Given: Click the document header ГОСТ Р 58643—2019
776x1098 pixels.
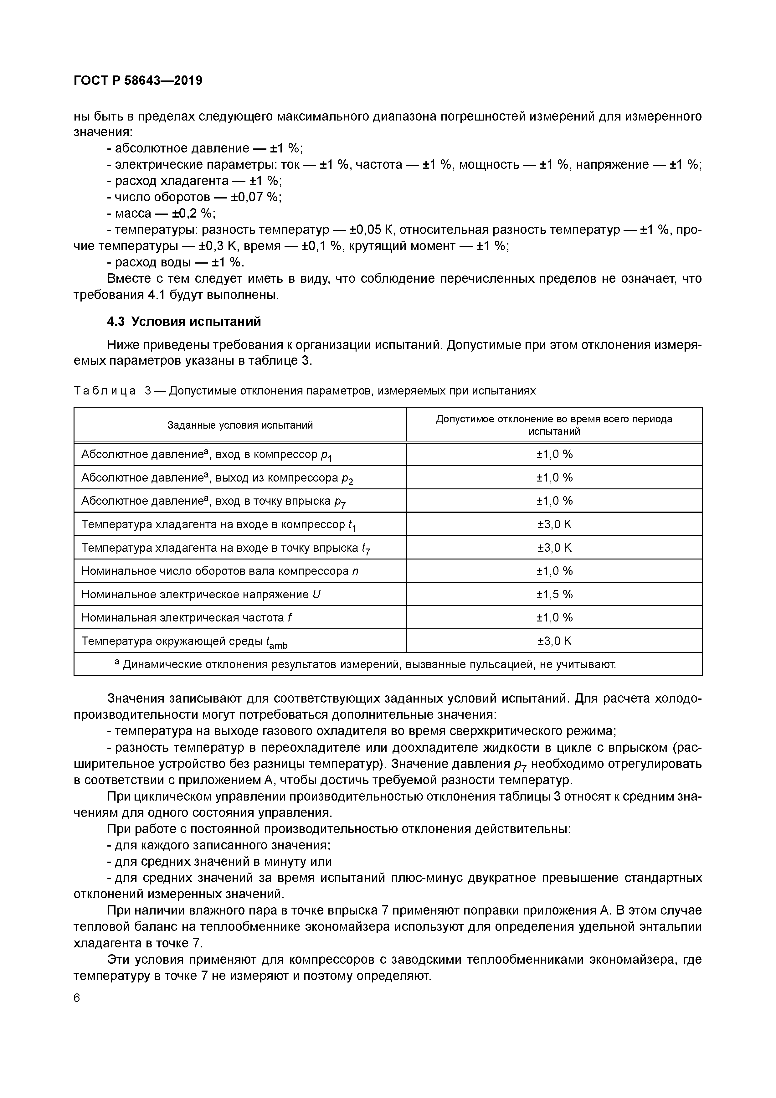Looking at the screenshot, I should coord(138,80).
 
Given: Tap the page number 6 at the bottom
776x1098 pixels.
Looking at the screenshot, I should coord(77,998).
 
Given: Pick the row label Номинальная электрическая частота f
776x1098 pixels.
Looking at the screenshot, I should coord(187,617).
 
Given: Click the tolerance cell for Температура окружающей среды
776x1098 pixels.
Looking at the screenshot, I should coord(554,641).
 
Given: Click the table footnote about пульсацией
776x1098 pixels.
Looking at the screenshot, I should coord(365,664).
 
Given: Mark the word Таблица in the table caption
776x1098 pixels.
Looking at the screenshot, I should coord(105,391).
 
